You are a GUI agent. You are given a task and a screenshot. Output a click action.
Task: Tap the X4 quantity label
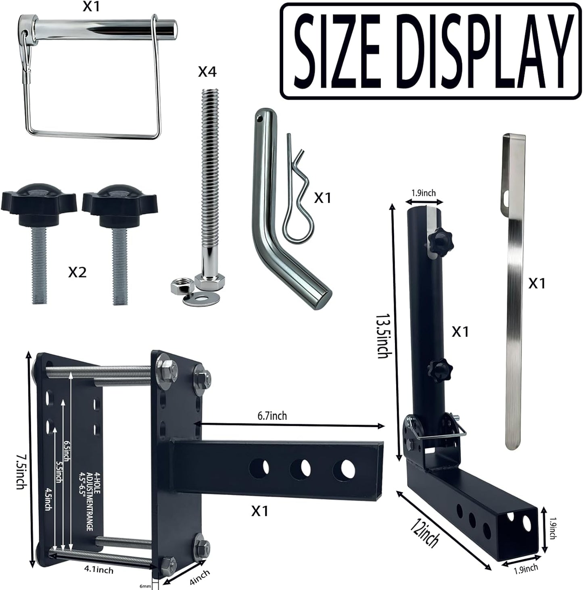(207, 72)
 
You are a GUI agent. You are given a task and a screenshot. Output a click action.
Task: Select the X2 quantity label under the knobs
(77, 273)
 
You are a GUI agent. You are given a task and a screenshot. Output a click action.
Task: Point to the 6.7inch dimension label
(272, 415)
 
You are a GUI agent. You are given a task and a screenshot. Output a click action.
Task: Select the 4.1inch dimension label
(99, 569)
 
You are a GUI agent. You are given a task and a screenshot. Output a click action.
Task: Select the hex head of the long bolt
(209, 281)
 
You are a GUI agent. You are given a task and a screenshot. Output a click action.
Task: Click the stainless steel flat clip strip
(514, 290)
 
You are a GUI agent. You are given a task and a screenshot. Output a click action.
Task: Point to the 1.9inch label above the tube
(424, 193)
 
